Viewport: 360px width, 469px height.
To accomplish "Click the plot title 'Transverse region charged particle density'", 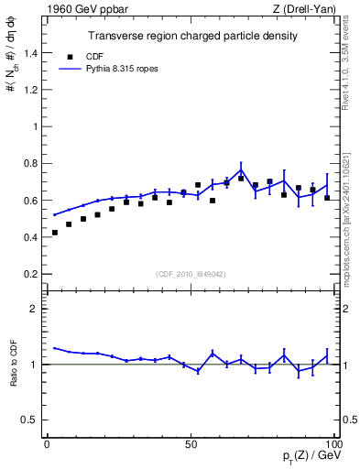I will point(191,37).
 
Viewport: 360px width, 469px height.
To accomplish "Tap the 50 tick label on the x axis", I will point(191,443).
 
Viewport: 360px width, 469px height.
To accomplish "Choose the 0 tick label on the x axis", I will point(47,443).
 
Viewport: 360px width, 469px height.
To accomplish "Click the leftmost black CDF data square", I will point(55,233).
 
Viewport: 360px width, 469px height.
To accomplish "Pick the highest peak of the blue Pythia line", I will point(241,169).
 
